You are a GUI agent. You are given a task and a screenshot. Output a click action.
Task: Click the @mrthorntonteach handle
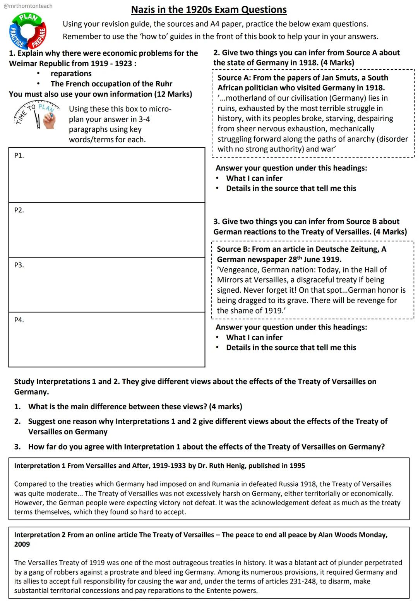pos(28,6)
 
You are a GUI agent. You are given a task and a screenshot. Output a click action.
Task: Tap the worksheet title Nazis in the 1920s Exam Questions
pos(209,10)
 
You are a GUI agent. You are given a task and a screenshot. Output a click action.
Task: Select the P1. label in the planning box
pos(19,155)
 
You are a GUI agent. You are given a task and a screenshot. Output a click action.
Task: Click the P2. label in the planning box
pos(19,210)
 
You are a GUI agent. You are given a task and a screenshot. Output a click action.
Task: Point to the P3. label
pos(19,265)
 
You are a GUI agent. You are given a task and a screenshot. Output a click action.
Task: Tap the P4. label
pos(19,320)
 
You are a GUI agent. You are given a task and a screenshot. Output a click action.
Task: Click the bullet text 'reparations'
pos(71,74)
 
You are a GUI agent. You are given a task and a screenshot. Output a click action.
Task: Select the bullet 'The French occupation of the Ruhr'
pos(111,84)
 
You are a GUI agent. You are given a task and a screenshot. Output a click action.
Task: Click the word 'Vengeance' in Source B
pos(238,269)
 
